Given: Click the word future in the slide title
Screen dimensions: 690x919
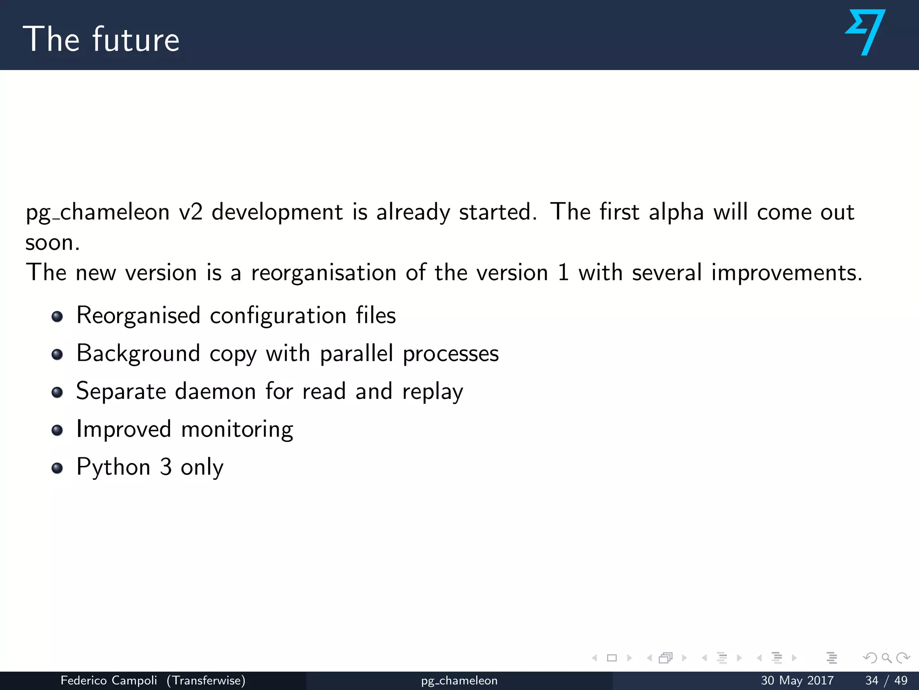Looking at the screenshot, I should coord(136,40).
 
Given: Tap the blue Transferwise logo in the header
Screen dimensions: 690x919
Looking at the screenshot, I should coord(866,32).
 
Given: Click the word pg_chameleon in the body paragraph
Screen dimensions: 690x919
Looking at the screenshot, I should coord(97,212).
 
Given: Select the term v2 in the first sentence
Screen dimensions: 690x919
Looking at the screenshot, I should coord(190,212).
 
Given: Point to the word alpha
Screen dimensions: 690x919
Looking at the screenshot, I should coord(676,212).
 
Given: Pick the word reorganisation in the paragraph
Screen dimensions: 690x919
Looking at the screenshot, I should coord(324,273).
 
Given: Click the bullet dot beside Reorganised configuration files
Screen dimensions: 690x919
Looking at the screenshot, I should coord(57,317).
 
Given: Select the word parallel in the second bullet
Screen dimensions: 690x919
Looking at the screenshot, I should coord(356,354).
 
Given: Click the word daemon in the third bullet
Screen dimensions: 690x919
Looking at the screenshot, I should coord(215,391).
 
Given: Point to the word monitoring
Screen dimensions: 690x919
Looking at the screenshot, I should coord(237,429).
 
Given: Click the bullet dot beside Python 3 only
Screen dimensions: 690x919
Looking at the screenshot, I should coord(57,469).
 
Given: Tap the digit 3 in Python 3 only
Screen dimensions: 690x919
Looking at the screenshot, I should coord(166,467).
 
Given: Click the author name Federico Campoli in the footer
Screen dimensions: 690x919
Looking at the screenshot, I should coord(109,681).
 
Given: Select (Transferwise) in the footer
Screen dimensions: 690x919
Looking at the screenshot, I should coord(206,681).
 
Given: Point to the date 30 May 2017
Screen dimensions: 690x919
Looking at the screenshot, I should coord(797,681).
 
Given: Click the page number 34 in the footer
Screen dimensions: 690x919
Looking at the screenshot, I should coord(871,681).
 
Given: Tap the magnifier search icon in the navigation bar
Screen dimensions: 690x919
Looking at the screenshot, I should coord(886,658).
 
